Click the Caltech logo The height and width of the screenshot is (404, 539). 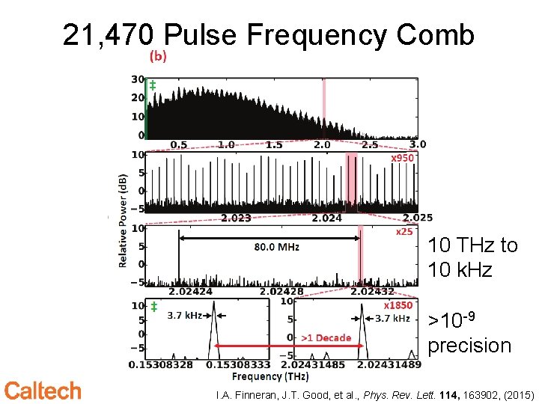(x=43, y=390)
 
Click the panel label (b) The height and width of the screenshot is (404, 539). (x=159, y=55)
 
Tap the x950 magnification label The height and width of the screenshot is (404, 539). (x=402, y=159)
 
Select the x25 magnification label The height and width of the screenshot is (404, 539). (x=404, y=232)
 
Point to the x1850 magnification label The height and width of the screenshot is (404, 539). (x=398, y=305)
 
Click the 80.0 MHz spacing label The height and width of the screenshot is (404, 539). (x=277, y=246)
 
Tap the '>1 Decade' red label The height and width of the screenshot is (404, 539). (x=326, y=338)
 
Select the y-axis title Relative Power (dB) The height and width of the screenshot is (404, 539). (x=122, y=221)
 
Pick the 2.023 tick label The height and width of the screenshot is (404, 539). (x=237, y=218)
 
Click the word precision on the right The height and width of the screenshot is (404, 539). (x=469, y=346)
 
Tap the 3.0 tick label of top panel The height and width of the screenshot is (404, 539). (x=418, y=144)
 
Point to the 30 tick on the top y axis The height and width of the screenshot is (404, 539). (x=138, y=79)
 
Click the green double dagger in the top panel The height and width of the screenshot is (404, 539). (x=153, y=86)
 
